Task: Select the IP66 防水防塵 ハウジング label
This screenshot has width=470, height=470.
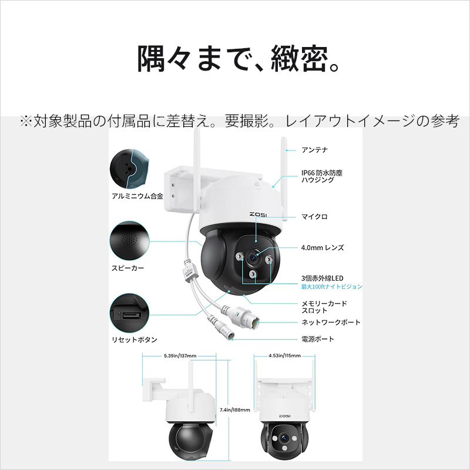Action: (x=321, y=176)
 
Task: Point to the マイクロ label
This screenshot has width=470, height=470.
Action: (x=314, y=217)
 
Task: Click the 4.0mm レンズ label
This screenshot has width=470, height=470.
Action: (x=323, y=247)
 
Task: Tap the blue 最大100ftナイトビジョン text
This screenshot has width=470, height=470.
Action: (x=331, y=287)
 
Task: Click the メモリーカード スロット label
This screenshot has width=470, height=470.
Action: (x=324, y=307)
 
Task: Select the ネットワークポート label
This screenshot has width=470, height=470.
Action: (x=331, y=323)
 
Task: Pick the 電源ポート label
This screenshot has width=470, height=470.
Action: (x=318, y=339)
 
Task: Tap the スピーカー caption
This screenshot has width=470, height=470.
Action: (x=127, y=267)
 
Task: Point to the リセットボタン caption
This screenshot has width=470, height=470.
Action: (x=134, y=340)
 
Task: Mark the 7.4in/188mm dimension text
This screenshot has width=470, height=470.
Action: (x=234, y=410)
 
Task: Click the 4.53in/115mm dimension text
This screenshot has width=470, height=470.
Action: (x=284, y=356)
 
